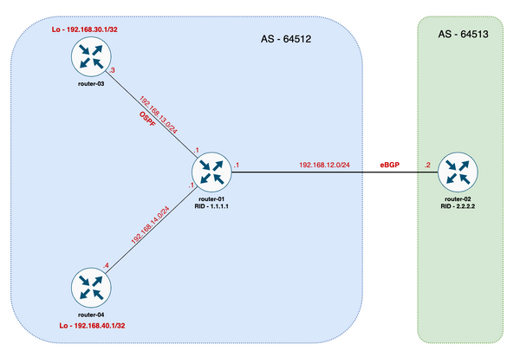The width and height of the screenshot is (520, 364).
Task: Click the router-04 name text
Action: tap(90, 314)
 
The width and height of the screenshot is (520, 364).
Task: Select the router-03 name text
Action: tap(90, 84)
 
